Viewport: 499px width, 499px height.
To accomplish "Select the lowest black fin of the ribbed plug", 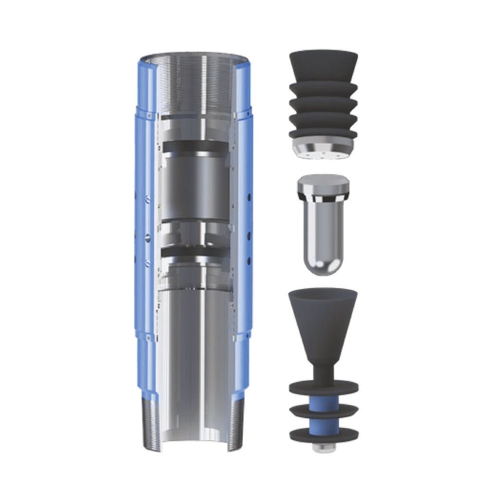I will pyautogui.click(x=323, y=133).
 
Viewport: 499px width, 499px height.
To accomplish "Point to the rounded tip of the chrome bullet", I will pyautogui.click(x=323, y=266).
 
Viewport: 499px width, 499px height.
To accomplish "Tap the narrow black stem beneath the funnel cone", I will pyautogui.click(x=323, y=373).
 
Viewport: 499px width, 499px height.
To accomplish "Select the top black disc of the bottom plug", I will pyautogui.click(x=324, y=387).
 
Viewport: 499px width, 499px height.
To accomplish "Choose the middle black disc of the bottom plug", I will pyautogui.click(x=324, y=411).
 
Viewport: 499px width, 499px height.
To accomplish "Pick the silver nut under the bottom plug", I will pyautogui.click(x=324, y=447).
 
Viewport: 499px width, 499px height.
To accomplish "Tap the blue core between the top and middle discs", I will pyautogui.click(x=324, y=400).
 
